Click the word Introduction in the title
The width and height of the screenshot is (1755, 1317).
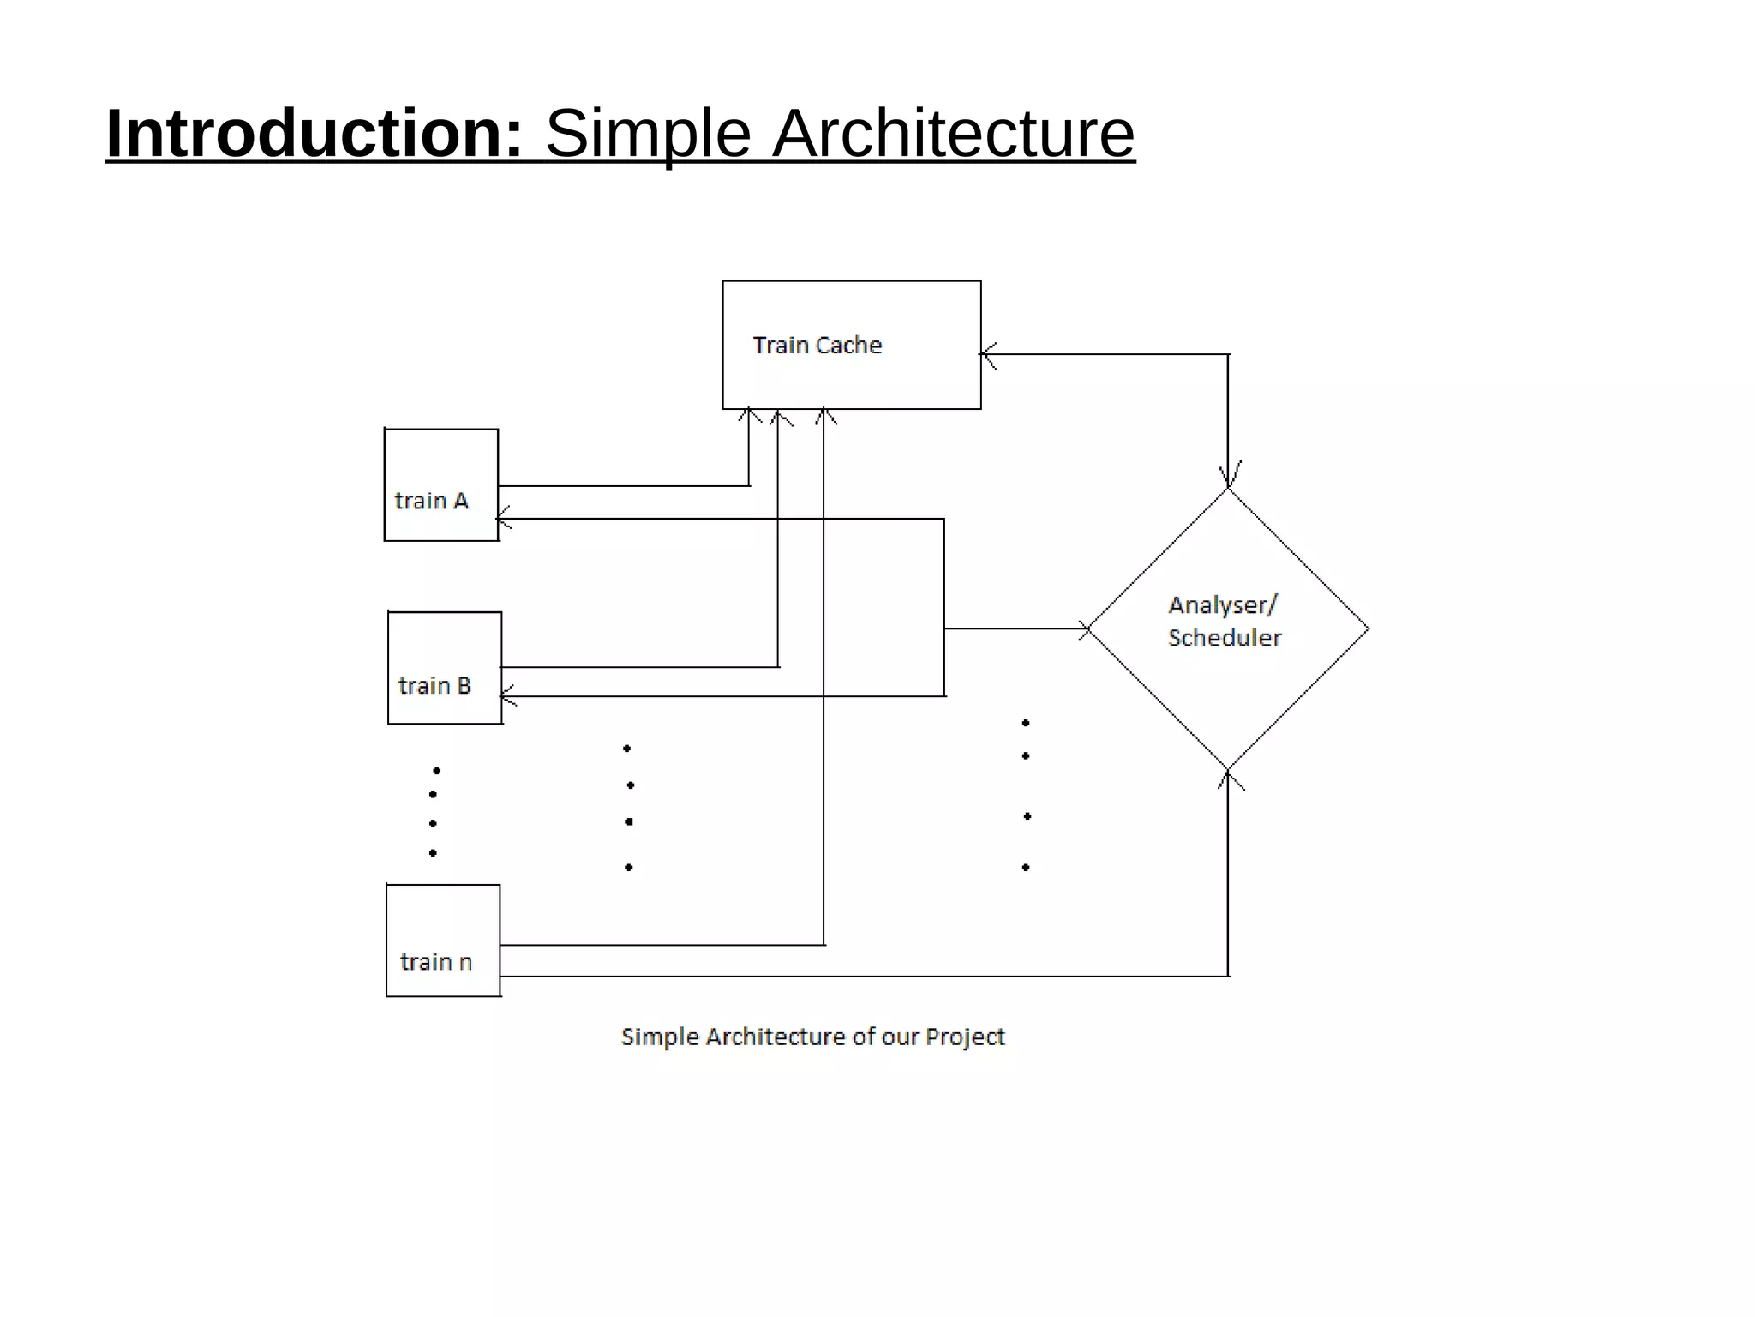tap(314, 134)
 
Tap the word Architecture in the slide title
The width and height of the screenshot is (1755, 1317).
tap(953, 134)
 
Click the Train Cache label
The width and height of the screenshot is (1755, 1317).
tap(817, 345)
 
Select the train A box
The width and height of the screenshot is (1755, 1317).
tap(440, 484)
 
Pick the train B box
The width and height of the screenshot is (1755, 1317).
tap(444, 667)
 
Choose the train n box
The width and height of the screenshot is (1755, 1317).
tap(442, 940)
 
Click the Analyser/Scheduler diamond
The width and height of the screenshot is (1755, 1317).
tap(1227, 628)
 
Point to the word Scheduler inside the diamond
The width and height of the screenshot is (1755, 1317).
tap(1224, 638)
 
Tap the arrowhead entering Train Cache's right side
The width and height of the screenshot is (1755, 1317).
tap(987, 354)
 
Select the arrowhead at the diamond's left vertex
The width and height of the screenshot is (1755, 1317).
tap(1083, 628)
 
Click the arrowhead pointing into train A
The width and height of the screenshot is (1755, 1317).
tap(504, 519)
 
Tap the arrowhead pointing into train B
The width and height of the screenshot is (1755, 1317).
tap(507, 696)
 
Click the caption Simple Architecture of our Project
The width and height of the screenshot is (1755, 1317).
tap(812, 1037)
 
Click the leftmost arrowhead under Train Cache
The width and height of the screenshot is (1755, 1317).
tap(750, 416)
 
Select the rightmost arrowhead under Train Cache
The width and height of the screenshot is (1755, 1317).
tap(824, 416)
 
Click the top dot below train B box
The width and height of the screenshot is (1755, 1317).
tap(436, 770)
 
